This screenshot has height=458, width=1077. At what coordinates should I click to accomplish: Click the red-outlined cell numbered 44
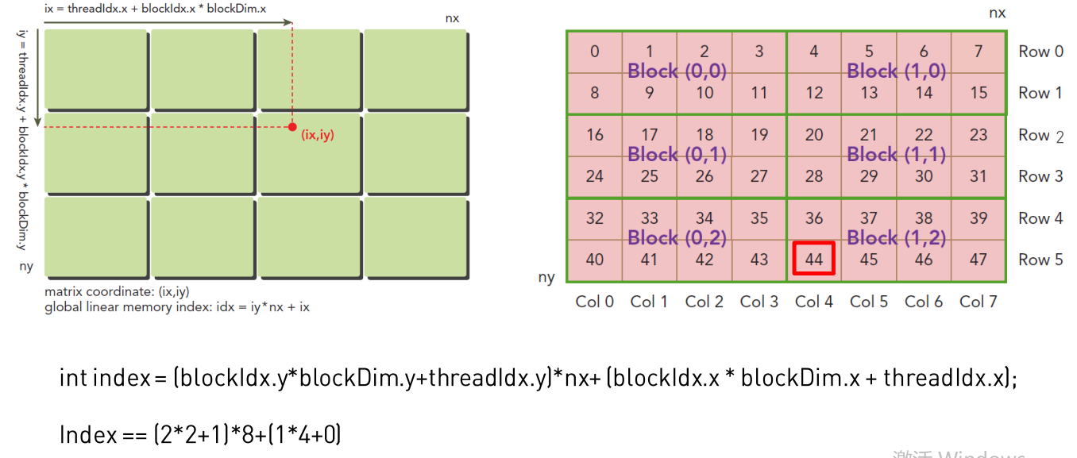(x=814, y=259)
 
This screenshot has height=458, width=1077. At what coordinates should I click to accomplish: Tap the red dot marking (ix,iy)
(x=292, y=127)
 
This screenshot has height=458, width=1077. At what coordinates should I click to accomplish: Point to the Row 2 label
(x=1040, y=136)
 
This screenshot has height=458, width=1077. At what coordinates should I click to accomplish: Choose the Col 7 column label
(x=977, y=302)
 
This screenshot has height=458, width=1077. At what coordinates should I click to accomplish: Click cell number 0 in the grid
(x=595, y=52)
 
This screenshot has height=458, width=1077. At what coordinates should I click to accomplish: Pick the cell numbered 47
(x=978, y=259)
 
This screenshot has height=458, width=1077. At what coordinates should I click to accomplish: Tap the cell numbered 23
(x=978, y=135)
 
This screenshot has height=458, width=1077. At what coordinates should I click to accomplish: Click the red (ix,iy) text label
(x=318, y=135)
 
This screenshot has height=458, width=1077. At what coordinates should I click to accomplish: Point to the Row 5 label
(x=1040, y=260)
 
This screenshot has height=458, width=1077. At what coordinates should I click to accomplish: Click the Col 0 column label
(x=595, y=302)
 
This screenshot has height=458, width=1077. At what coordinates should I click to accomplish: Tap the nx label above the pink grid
(x=997, y=13)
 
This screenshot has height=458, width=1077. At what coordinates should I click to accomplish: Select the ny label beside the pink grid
(x=546, y=277)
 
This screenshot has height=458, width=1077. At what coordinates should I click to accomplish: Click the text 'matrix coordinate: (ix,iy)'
(x=117, y=291)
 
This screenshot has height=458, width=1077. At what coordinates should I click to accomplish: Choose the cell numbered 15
(x=978, y=93)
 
